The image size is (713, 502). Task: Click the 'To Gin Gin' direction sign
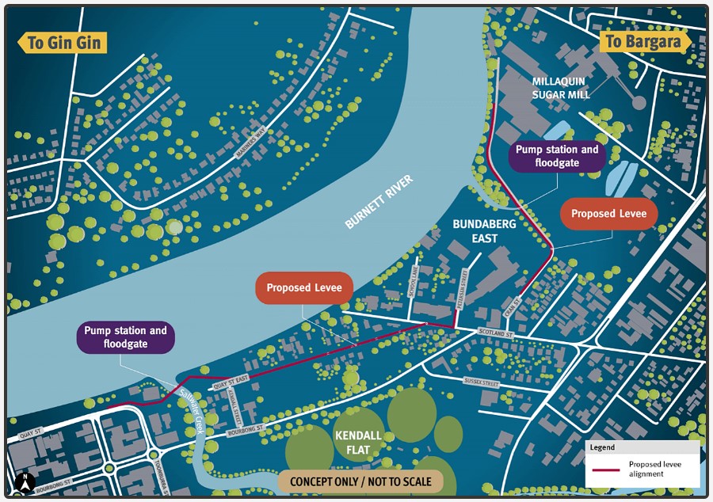coord(62,42)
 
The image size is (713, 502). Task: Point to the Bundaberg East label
coord(485,231)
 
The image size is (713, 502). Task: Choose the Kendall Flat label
coord(358,443)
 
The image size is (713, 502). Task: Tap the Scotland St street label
coord(497,334)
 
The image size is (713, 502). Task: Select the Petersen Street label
coord(465,288)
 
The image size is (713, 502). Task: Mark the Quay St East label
coord(231,380)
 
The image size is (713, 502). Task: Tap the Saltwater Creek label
coord(190,411)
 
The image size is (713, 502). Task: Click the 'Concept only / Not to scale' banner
coord(360,481)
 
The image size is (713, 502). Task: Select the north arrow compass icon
coord(25,480)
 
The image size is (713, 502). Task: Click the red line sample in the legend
coord(606,470)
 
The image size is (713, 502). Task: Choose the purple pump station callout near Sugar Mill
coord(557,156)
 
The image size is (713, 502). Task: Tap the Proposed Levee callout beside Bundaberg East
coord(608,214)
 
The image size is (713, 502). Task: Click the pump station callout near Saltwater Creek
coord(125,337)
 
